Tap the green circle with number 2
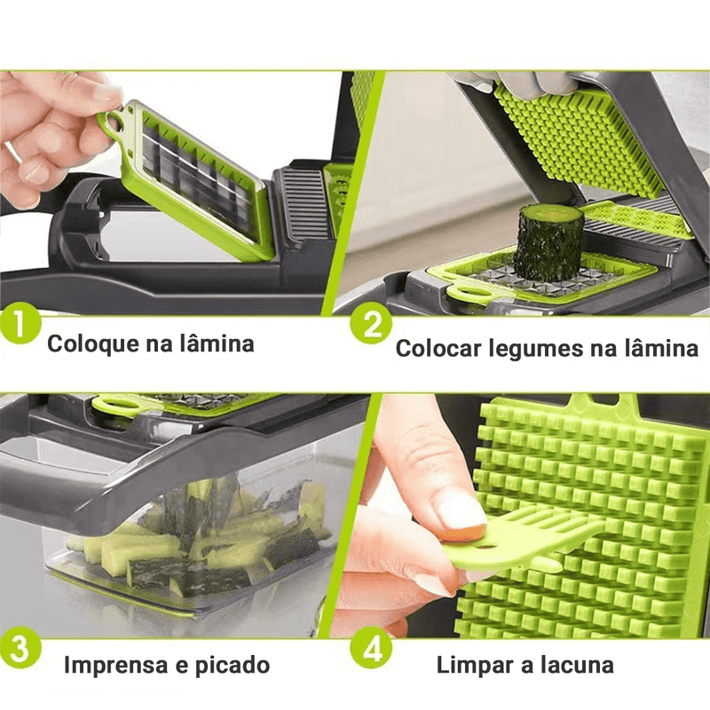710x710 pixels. point(372,326)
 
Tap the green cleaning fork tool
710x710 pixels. point(524,541)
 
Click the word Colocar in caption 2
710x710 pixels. point(438,348)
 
